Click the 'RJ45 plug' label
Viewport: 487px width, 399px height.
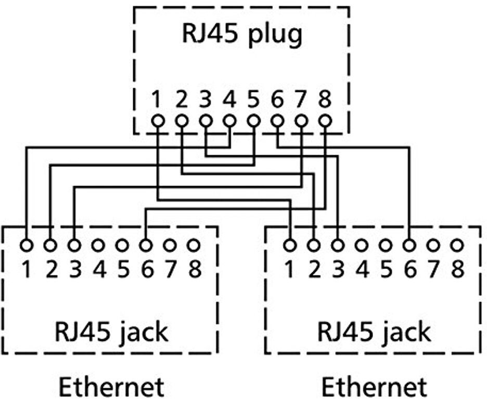pos(242,35)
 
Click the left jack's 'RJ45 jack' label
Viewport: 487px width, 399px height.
pos(111,331)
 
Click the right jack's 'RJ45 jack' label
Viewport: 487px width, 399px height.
pos(374,331)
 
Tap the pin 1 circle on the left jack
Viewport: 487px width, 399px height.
pos(26,244)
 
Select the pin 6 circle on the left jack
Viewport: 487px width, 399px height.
pos(146,244)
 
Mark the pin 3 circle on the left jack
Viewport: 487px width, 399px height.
pos(74,244)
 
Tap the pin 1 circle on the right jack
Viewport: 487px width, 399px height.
pos(290,244)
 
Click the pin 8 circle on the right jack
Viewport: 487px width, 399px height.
pos(457,244)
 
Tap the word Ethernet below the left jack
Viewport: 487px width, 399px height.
pos(110,387)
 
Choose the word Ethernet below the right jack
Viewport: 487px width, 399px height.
pos(374,387)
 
